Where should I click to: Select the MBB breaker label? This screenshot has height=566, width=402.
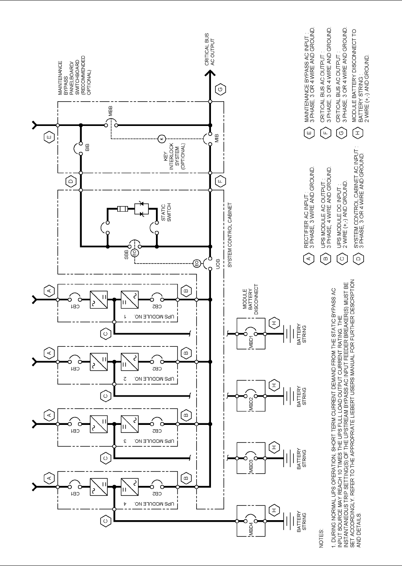tap(110, 112)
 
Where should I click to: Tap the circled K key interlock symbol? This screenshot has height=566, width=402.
tap(162, 139)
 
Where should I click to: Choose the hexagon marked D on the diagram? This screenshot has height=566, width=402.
tap(71, 182)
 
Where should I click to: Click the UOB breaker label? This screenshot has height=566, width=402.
tap(217, 264)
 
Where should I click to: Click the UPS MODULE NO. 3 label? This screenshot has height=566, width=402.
tap(125, 442)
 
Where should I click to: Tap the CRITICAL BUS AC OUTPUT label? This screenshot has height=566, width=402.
tap(210, 52)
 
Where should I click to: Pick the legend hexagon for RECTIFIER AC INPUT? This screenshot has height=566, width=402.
tap(307, 259)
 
